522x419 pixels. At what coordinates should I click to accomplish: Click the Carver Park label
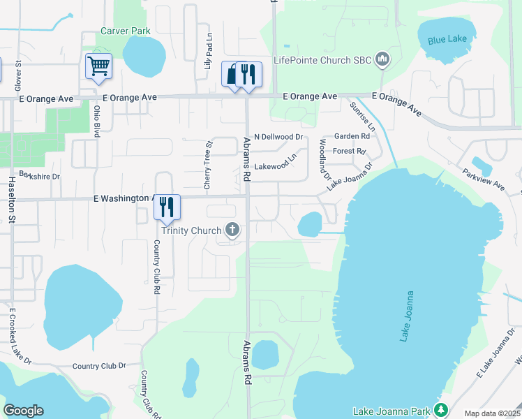(126, 31)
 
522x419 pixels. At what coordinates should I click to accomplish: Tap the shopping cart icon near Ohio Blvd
(98, 66)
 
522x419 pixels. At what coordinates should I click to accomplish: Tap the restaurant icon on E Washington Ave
(167, 207)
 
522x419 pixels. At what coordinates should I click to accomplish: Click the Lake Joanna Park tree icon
(440, 409)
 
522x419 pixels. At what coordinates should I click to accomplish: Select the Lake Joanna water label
(408, 316)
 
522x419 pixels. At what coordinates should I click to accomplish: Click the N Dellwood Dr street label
(278, 137)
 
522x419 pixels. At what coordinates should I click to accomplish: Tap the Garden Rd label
(351, 136)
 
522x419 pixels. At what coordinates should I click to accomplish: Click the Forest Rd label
(350, 151)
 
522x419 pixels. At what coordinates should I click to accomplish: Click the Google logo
(23, 411)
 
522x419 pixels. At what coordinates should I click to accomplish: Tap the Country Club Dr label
(99, 365)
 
